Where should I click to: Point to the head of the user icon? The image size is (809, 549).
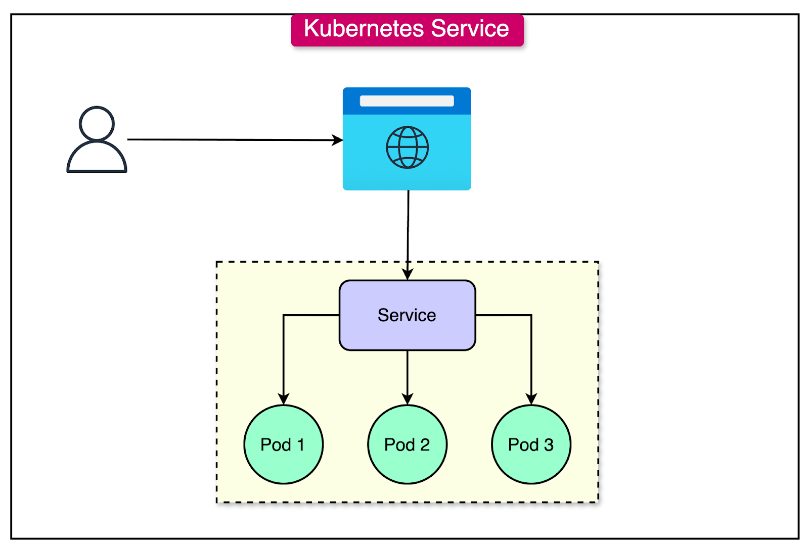click(97, 123)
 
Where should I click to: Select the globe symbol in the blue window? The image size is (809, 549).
click(407, 147)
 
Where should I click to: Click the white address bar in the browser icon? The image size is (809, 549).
click(407, 101)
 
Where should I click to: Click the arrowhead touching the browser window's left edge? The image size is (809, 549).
click(337, 140)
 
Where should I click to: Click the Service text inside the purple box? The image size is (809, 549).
click(407, 315)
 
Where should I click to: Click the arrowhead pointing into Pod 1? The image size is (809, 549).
click(284, 398)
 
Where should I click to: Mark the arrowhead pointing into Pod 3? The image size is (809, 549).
click(531, 398)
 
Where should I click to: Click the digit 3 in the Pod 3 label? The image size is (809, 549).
click(549, 445)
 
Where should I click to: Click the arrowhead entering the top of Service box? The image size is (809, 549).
click(408, 274)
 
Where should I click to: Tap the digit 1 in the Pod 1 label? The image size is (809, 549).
click(301, 445)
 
